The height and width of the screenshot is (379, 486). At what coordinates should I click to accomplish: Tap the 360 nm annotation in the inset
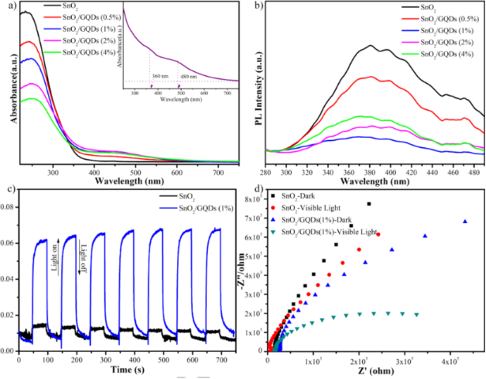(157, 66)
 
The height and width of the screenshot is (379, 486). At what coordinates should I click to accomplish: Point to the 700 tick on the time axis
(220, 358)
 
